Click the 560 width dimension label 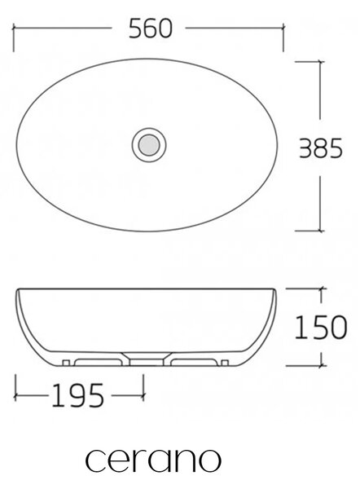point(150,29)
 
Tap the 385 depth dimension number point(321,148)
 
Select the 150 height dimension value point(320,327)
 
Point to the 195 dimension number point(77,395)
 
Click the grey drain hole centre point(149,145)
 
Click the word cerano point(153,460)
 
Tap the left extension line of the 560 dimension point(13,37)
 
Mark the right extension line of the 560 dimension point(283,37)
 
